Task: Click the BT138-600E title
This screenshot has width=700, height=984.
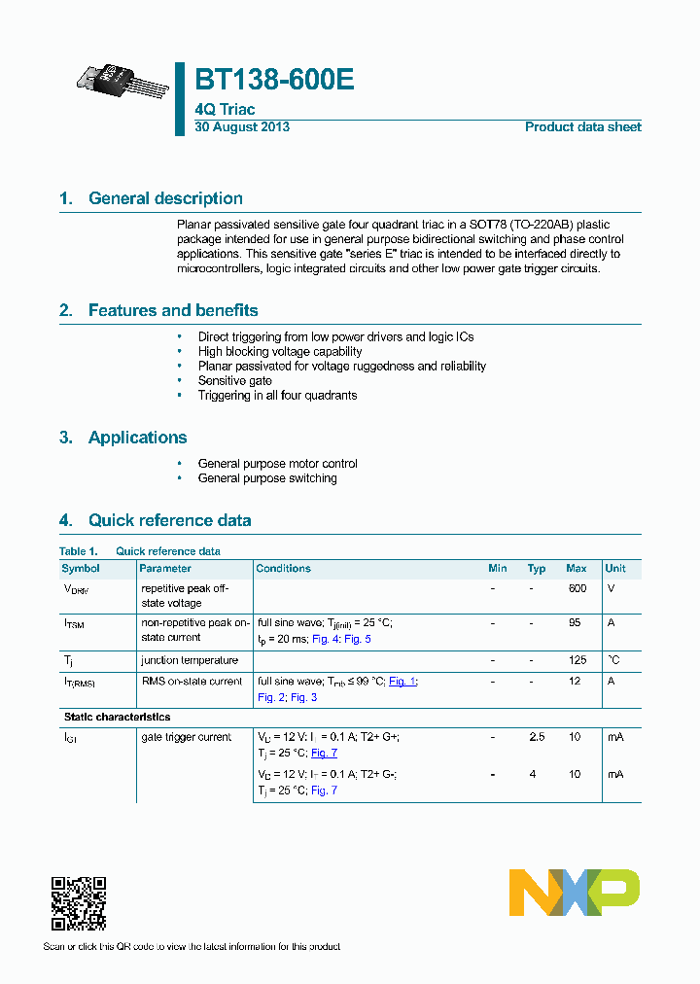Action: coord(274,81)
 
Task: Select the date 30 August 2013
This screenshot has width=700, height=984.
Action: coord(242,127)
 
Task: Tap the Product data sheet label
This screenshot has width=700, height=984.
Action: coord(582,127)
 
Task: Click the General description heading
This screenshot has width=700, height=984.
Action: coord(165,198)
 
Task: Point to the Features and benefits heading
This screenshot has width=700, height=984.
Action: coord(172,310)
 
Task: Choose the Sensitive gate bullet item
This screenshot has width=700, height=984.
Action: coord(234,381)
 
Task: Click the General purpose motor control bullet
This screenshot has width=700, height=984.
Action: coord(277,464)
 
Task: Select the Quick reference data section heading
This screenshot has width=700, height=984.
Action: coord(169,520)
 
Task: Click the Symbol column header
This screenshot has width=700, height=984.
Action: coord(81,568)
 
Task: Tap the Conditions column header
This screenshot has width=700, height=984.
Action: coord(283,568)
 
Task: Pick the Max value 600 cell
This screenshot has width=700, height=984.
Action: coord(577,588)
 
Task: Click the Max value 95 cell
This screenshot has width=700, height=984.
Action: coord(575,622)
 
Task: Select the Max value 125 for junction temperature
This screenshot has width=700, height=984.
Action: coord(577,660)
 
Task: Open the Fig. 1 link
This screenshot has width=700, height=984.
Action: coord(402,682)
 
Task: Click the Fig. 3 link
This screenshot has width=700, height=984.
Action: coord(304,697)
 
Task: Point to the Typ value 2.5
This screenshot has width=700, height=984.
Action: coord(537,737)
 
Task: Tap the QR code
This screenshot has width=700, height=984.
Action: coord(78,903)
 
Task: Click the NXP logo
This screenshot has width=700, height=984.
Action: coord(575,893)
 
